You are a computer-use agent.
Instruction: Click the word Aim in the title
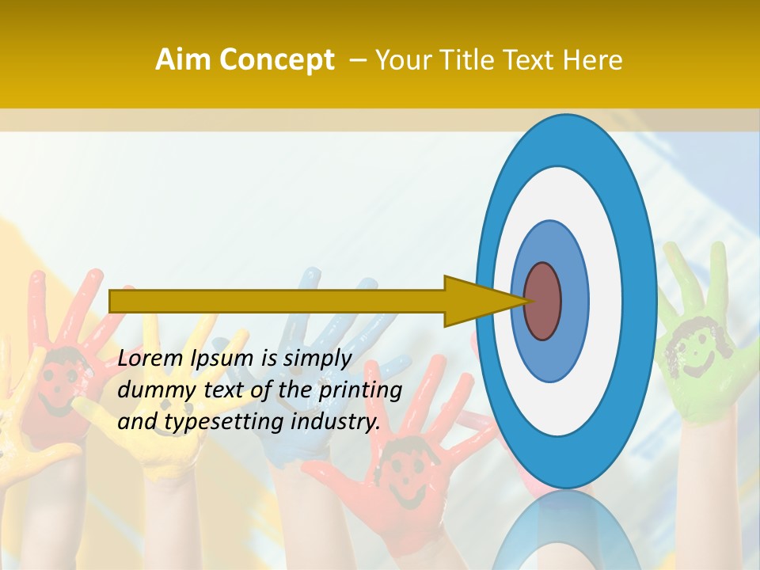click(x=183, y=60)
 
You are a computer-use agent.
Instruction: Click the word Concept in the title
click(x=277, y=60)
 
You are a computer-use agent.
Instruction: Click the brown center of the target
click(x=542, y=301)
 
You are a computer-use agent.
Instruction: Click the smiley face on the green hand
click(x=686, y=349)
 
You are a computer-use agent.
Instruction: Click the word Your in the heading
click(x=401, y=60)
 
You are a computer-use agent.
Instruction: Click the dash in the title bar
click(x=357, y=61)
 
